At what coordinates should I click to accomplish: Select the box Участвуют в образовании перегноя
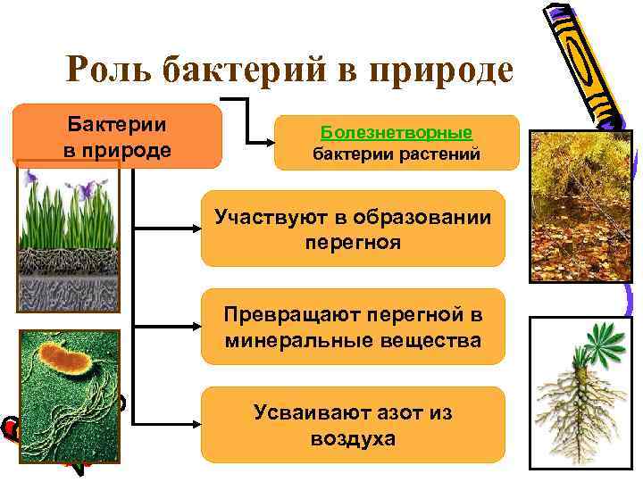click(x=353, y=229)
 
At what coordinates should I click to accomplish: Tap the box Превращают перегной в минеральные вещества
click(x=353, y=327)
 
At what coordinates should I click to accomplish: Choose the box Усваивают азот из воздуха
click(x=353, y=425)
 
